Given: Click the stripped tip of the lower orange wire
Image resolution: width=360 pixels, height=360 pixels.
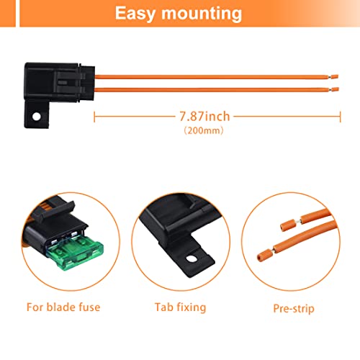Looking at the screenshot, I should pos(334,89).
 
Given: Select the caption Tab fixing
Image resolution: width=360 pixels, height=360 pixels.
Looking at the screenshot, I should pos(180,307).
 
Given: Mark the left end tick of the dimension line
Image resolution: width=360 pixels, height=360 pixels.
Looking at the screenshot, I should pos(94,116).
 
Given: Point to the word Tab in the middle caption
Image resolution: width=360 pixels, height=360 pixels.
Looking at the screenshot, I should pos(163,307).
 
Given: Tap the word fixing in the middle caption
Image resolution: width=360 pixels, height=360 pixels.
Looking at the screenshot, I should pos(190,307).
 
